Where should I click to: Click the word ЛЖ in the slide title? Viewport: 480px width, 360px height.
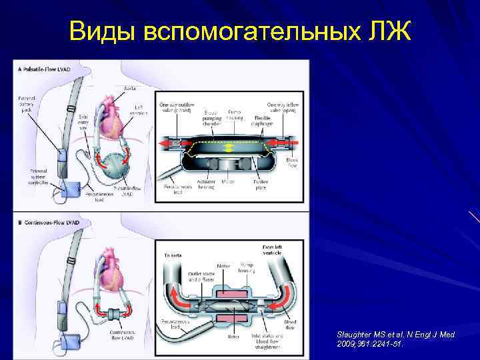(388, 31)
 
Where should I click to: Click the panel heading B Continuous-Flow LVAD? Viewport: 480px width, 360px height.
(50, 222)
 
